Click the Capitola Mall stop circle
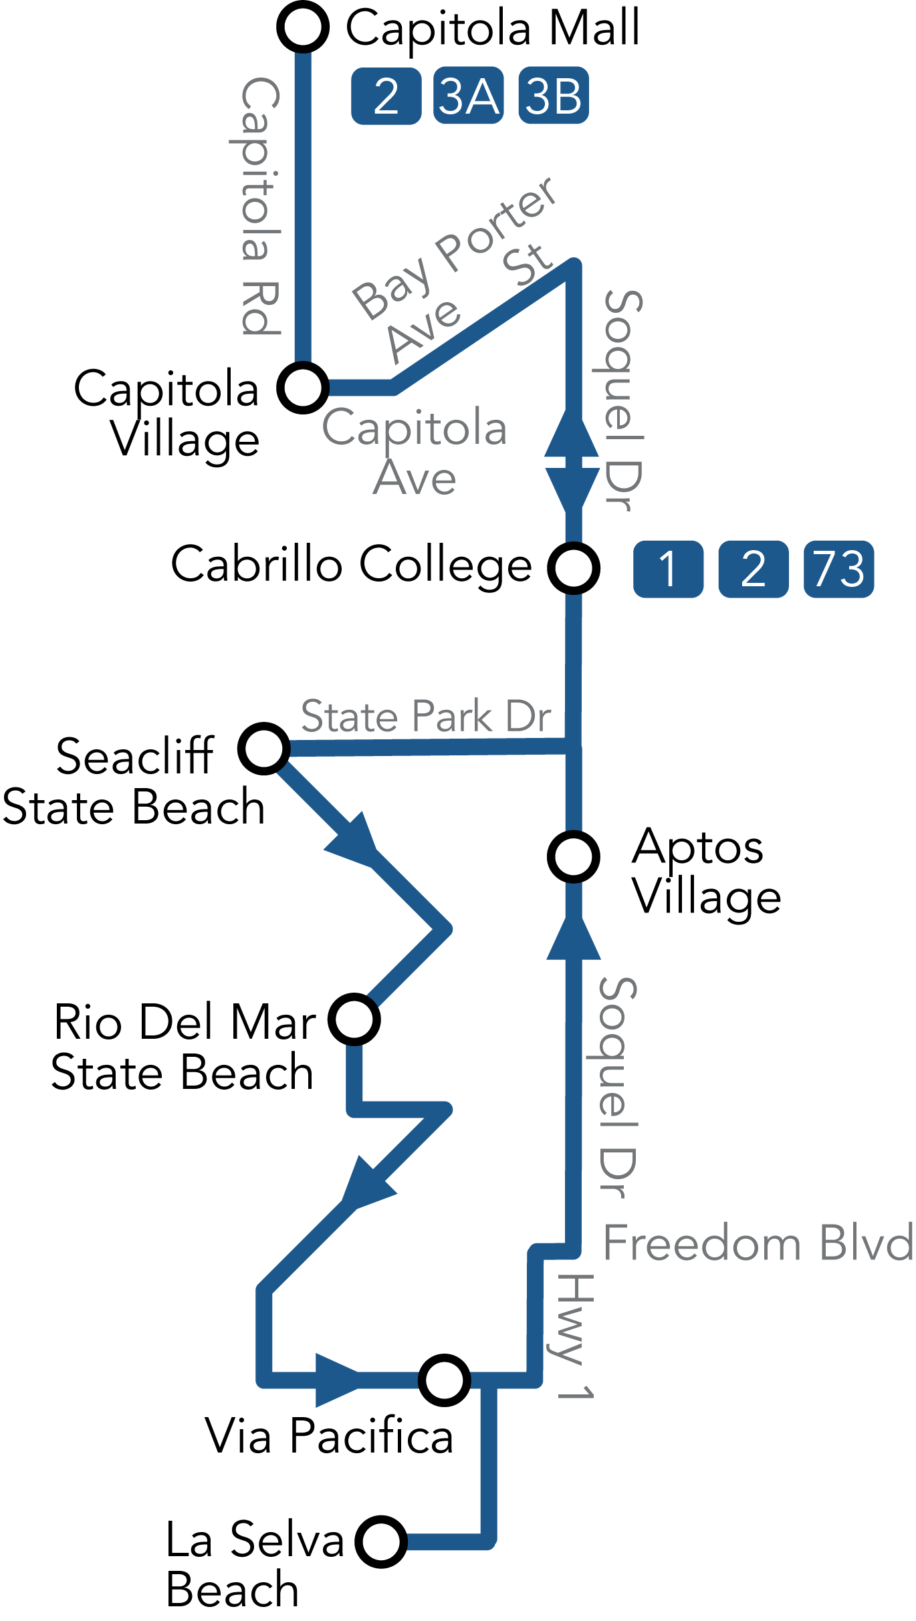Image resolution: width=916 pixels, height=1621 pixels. click(303, 27)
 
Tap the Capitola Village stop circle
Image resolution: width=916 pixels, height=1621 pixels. click(303, 388)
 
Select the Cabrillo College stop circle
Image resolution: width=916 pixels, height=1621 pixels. click(574, 568)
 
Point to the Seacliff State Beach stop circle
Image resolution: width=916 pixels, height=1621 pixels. click(264, 748)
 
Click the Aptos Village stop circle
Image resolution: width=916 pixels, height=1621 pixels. click(574, 856)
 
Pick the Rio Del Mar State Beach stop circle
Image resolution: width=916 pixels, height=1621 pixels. click(354, 1019)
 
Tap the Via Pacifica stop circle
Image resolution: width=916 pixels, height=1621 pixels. click(445, 1380)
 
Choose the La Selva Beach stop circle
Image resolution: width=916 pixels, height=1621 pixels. click(381, 1541)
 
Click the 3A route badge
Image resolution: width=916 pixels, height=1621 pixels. click(468, 96)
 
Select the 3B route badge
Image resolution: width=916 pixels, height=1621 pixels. click(554, 96)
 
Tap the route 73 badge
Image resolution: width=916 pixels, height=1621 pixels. click(838, 569)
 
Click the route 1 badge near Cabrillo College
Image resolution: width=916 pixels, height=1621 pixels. click(668, 569)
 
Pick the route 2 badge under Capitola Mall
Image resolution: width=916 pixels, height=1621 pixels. click(386, 96)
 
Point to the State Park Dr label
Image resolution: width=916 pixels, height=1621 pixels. click(426, 716)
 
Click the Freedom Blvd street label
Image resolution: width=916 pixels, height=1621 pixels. click(758, 1243)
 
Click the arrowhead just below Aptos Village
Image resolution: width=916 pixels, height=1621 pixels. click(574, 939)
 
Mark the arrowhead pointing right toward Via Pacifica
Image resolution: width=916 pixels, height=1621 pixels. click(338, 1380)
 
